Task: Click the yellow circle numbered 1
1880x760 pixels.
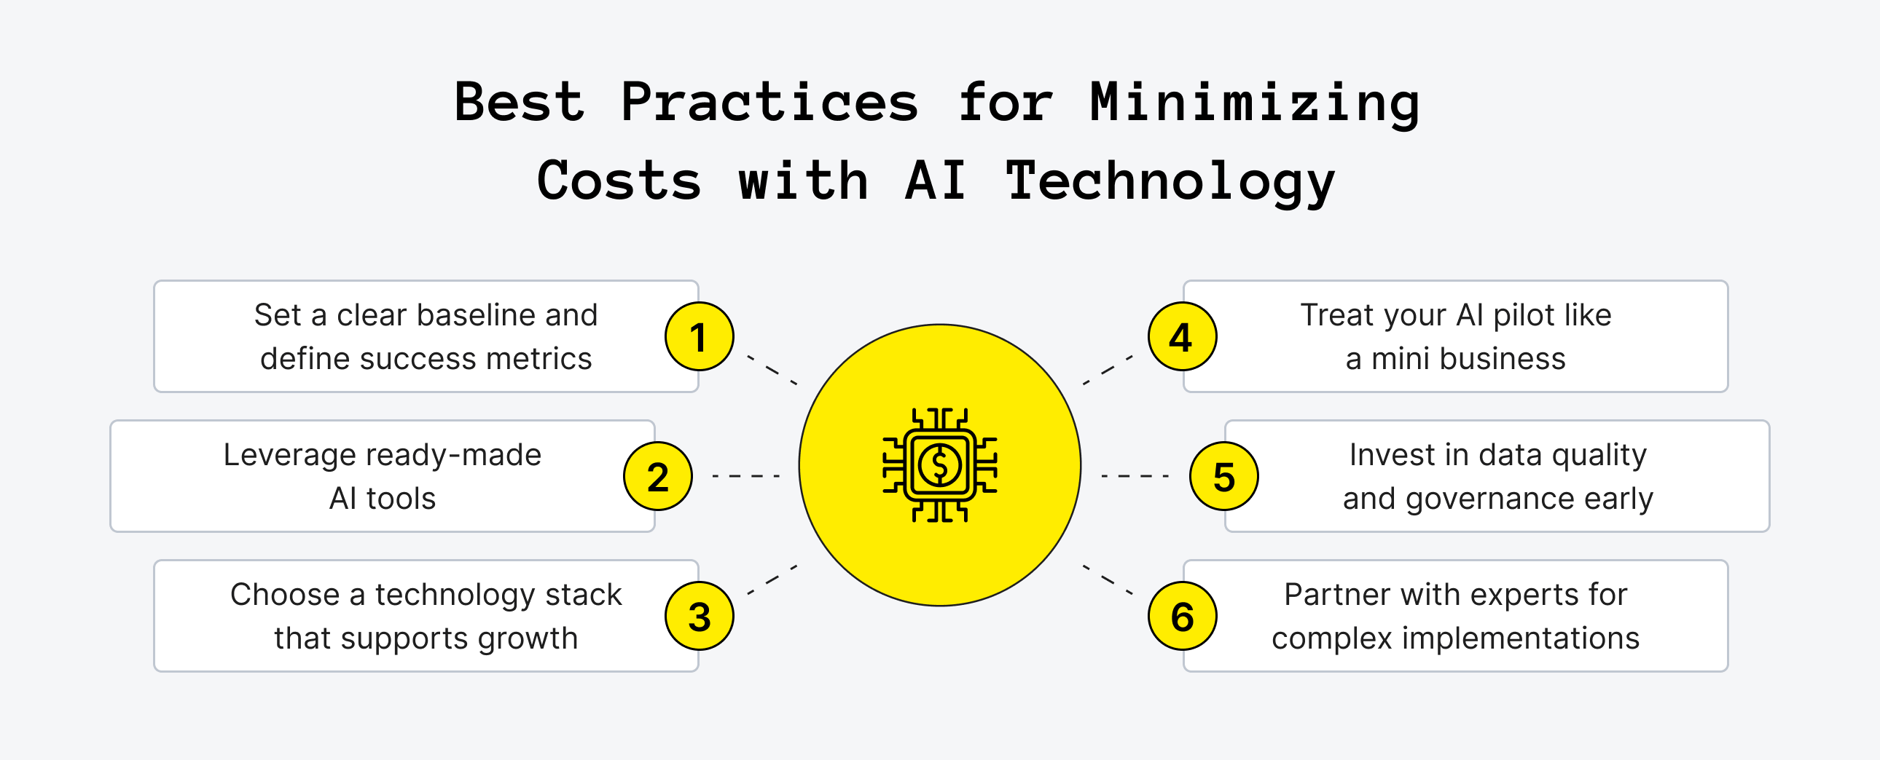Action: [699, 336]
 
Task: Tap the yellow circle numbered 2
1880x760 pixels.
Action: [657, 476]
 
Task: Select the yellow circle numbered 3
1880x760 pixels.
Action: [699, 617]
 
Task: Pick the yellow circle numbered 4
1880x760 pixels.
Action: [1182, 336]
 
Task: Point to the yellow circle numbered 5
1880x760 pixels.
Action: [1224, 476]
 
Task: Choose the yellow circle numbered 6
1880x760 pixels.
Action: [1182, 617]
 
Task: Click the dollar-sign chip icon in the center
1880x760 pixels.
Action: [939, 464]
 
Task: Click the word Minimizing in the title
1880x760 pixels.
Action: [1255, 102]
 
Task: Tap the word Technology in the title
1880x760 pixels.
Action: [1170, 181]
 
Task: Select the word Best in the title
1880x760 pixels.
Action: [519, 102]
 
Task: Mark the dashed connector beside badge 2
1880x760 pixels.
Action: [746, 476]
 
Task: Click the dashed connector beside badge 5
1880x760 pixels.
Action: [1135, 476]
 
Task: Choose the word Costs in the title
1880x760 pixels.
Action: [619, 181]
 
